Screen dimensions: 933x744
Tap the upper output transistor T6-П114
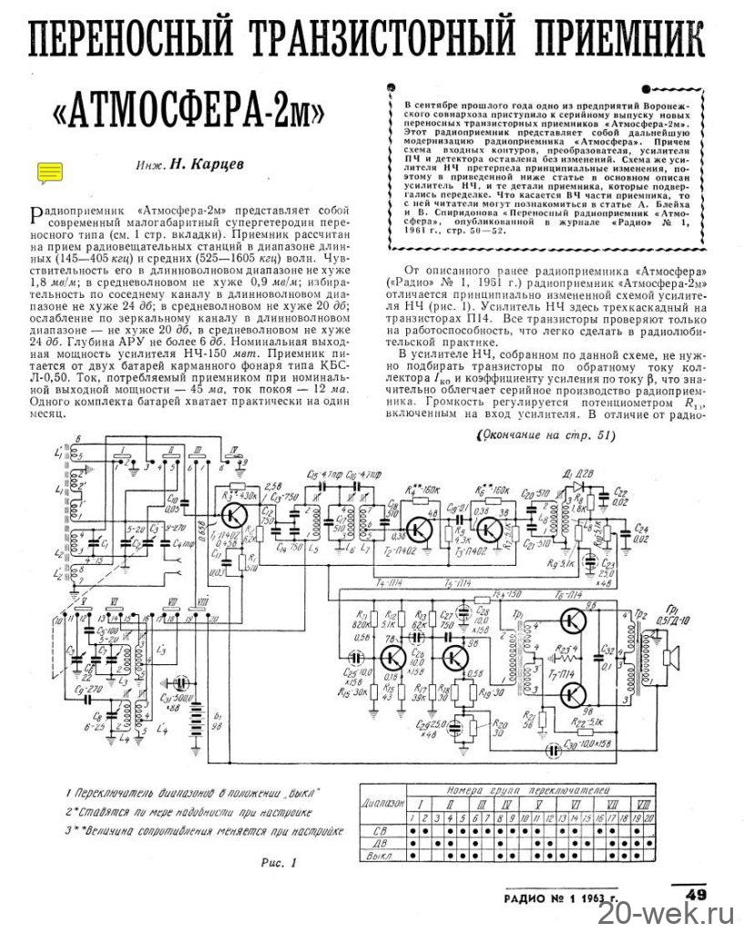[573, 622]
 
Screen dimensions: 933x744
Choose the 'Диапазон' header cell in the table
[382, 805]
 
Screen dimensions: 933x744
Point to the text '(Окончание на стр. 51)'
[544, 436]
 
